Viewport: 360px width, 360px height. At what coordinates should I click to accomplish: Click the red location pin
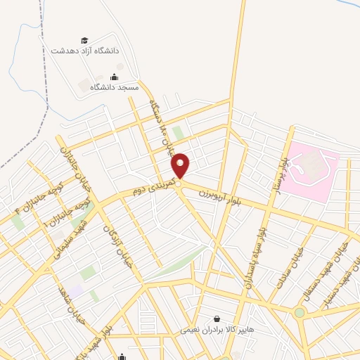click(181, 165)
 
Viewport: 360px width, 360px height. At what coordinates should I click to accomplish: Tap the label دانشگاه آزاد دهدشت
click(86, 51)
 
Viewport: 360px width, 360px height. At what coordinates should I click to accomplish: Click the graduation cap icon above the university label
click(85, 40)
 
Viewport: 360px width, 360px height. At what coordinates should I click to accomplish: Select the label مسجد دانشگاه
click(114, 87)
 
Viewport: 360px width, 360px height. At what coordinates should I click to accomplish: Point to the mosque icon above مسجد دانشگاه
click(115, 77)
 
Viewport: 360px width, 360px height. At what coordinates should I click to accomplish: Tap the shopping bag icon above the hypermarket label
click(216, 318)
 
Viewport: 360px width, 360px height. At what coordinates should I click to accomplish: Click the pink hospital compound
click(311, 169)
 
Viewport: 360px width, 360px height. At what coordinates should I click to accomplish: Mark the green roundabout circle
click(300, 312)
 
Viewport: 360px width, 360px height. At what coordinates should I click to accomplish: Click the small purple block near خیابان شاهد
click(75, 290)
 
